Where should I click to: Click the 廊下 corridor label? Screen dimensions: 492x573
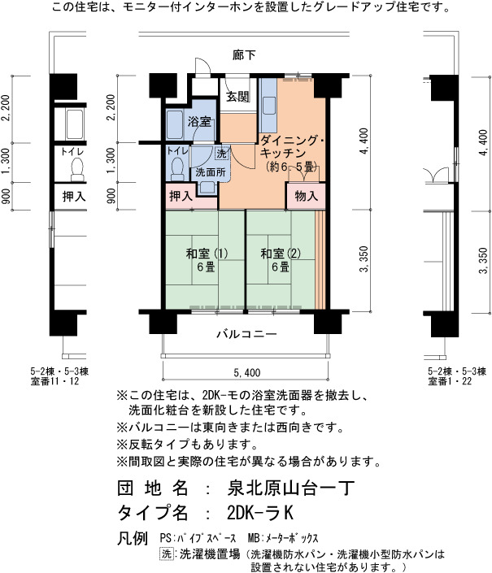(244, 54)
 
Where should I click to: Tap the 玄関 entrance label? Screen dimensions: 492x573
(237, 97)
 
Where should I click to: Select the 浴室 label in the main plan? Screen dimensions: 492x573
(199, 121)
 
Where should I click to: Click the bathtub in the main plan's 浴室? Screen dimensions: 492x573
(175, 124)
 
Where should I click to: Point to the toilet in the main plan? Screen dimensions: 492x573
(177, 169)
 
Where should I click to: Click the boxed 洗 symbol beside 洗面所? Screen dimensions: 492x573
(221, 154)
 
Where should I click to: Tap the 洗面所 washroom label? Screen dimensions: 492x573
(210, 172)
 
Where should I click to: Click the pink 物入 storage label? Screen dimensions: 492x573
(306, 196)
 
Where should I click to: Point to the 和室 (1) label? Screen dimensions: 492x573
(207, 254)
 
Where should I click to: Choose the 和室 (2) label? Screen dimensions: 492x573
(281, 254)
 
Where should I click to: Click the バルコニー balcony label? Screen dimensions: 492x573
(246, 334)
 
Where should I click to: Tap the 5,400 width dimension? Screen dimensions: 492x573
(247, 372)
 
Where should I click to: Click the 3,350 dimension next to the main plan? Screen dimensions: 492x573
(364, 258)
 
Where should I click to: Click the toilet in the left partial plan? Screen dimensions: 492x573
(77, 171)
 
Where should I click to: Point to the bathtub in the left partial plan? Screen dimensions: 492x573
(75, 124)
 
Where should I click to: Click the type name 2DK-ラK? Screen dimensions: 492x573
(260, 513)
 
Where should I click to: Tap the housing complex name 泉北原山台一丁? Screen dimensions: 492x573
(290, 488)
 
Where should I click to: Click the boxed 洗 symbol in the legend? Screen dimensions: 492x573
(167, 553)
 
